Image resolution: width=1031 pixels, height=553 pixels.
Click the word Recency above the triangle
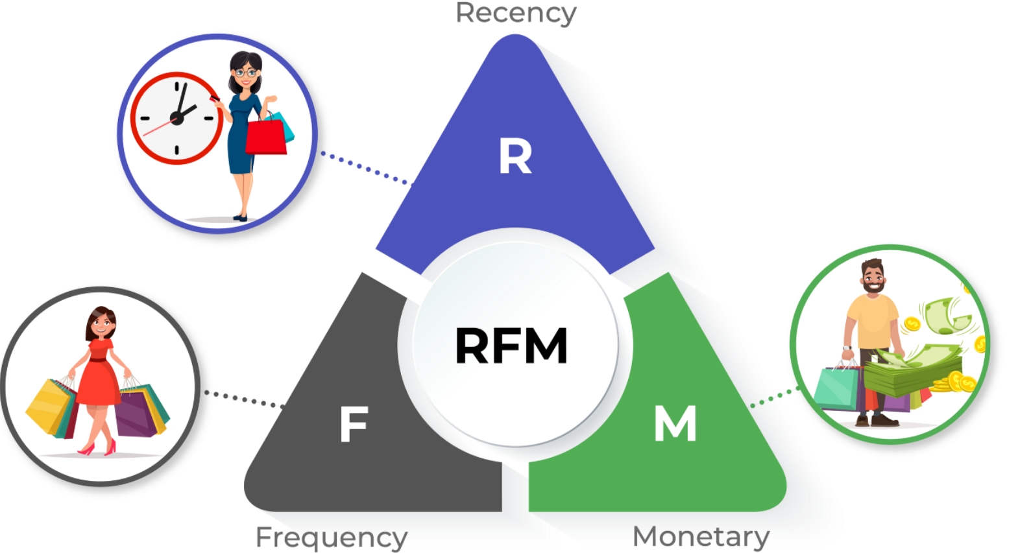pyautogui.click(x=516, y=14)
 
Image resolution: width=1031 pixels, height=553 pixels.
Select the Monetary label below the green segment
pyautogui.click(x=701, y=537)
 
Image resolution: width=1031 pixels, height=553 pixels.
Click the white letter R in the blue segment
pyautogui.click(x=515, y=157)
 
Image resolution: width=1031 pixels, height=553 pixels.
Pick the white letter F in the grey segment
pyautogui.click(x=354, y=424)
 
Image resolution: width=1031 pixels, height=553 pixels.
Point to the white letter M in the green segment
pyautogui.click(x=675, y=423)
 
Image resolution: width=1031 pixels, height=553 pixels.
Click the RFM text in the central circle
pyautogui.click(x=511, y=346)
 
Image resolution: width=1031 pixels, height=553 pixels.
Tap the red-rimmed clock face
pyautogui.click(x=176, y=118)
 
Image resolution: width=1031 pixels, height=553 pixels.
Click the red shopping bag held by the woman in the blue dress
pyautogui.click(x=266, y=136)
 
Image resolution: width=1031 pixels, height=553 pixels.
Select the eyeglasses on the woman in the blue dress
pyautogui.click(x=246, y=73)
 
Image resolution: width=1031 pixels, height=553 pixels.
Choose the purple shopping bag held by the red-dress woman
pyautogui.click(x=136, y=411)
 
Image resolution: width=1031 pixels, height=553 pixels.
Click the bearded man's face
pyautogui.click(x=873, y=278)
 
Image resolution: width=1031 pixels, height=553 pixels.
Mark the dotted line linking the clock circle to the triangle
pyautogui.click(x=367, y=169)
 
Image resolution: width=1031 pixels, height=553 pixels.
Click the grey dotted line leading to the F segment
pyautogui.click(x=245, y=399)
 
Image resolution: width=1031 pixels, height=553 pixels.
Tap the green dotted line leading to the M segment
pyautogui.click(x=775, y=397)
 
